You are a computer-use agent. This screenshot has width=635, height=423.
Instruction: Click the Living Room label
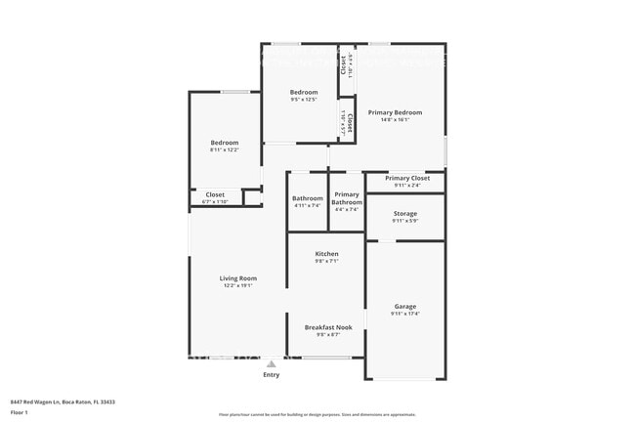[x=237, y=278]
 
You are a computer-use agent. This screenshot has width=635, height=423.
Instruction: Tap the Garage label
[x=404, y=307]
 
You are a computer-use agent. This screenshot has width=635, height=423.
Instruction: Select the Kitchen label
[x=326, y=254]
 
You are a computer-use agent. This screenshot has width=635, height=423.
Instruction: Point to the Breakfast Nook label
[x=328, y=327]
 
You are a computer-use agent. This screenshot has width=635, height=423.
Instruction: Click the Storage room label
[x=404, y=213]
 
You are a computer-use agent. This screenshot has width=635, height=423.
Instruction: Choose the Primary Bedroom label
[x=395, y=112]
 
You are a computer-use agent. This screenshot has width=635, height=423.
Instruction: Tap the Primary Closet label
[x=406, y=178]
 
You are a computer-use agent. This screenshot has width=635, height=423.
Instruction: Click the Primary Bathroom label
[x=347, y=197]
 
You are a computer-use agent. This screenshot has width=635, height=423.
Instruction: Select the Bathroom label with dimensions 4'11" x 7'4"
[x=308, y=198]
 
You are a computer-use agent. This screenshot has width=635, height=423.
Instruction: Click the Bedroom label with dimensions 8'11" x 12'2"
[x=225, y=143]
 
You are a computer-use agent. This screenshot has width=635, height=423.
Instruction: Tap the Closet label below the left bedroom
[x=215, y=194]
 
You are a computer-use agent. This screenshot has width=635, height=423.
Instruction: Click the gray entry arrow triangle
[x=272, y=364]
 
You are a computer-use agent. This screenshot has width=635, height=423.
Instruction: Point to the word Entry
[x=272, y=375]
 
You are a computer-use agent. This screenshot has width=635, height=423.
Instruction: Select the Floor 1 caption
[x=20, y=412]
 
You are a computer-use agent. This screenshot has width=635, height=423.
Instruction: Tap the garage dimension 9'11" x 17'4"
[x=404, y=314]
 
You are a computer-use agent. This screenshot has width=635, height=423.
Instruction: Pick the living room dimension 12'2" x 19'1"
[x=237, y=285]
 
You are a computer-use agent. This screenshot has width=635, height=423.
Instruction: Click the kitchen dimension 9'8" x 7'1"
[x=326, y=261]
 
